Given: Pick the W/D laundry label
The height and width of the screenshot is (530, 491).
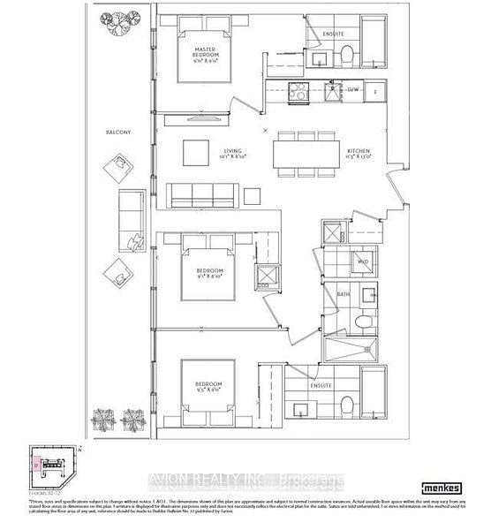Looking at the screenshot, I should pyautogui.click(x=362, y=261).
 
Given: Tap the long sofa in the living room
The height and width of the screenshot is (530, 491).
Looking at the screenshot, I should pyautogui.click(x=201, y=194).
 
